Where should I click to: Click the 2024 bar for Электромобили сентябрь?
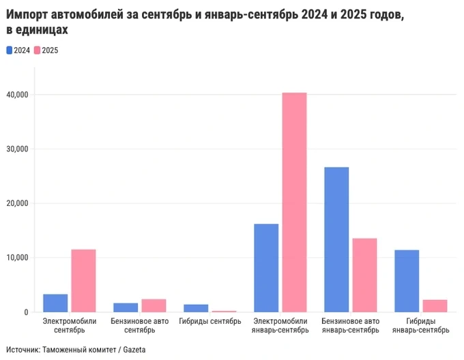pos(55,303)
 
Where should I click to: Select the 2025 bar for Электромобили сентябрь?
pos(83,281)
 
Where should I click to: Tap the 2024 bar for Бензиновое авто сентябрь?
pos(126,307)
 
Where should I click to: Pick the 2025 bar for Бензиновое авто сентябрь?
pos(154,305)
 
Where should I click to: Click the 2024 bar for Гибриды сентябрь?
pos(196,308)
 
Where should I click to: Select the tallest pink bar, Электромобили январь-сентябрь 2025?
pos(294,202)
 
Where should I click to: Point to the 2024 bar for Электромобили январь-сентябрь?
pos(266,268)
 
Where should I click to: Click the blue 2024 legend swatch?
pos(9,50)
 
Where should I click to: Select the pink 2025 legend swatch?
pos(38,50)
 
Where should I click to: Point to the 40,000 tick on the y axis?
pos(18,95)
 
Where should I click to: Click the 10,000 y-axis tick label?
pos(18,258)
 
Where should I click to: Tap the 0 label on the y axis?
pos(26,312)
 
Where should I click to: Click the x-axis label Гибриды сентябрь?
pos(209,320)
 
